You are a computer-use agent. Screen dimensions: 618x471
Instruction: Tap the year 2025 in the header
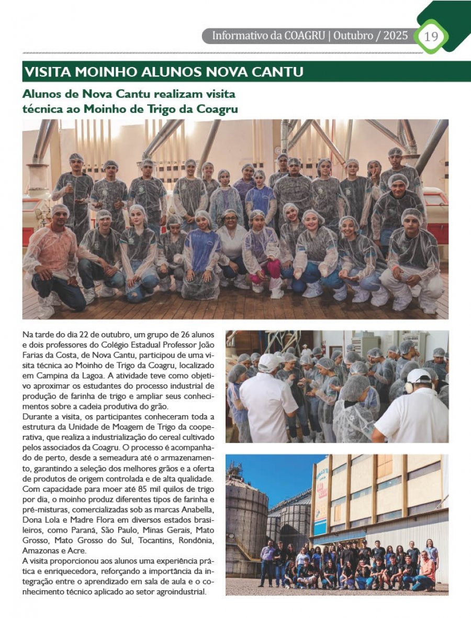[395, 36]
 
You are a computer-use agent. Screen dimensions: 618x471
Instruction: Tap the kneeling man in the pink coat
[52, 262]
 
